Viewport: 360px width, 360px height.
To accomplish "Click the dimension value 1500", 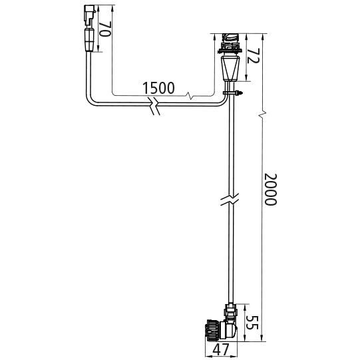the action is click(x=158, y=88).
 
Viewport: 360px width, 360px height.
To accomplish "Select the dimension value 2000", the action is click(x=271, y=190).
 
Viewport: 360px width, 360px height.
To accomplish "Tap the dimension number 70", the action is click(x=105, y=29).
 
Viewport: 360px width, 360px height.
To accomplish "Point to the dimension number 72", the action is click(x=253, y=55).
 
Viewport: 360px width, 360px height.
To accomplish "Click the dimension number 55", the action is click(x=253, y=323).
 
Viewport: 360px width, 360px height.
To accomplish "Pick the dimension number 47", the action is click(x=221, y=349).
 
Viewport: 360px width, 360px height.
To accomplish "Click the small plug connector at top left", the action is click(x=89, y=15).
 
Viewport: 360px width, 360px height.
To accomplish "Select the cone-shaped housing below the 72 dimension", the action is click(x=230, y=69).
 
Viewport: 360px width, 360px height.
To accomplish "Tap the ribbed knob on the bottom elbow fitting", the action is click(x=212, y=330).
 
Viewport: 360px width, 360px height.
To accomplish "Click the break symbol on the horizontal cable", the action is click(x=155, y=106).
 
